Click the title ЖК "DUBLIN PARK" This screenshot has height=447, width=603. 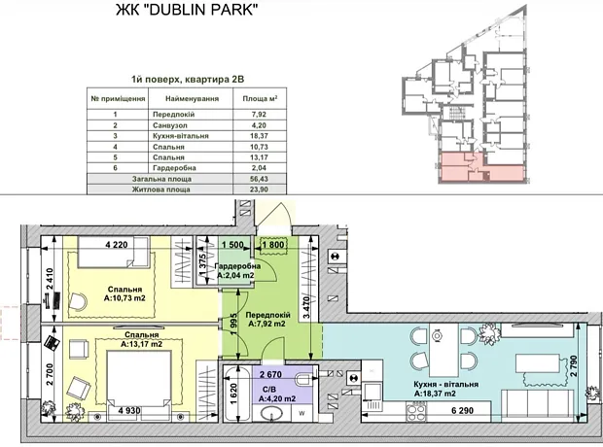coord(187,9)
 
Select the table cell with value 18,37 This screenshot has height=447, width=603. coord(260,136)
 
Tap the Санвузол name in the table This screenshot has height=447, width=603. coord(170,125)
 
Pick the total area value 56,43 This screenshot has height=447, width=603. coord(260,179)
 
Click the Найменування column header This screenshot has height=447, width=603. coord(192,98)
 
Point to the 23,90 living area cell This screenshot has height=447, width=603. coord(260,189)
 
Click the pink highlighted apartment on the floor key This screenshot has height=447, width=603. coord(481,168)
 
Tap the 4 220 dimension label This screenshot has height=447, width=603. coord(116,245)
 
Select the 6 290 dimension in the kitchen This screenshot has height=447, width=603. coord(463,411)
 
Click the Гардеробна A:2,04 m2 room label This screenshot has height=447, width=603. coord(236,270)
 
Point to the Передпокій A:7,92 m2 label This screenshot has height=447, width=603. coord(267,320)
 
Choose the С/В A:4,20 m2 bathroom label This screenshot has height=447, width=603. coord(277,395)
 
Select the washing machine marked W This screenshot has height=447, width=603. coord(301,414)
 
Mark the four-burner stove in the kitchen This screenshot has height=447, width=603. coord(416,412)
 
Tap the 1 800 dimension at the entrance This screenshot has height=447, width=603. coord(273,245)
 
